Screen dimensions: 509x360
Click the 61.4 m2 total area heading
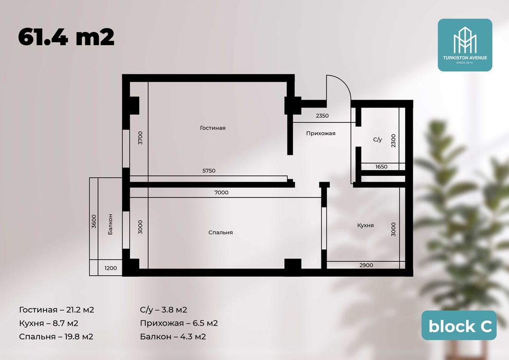[66, 38]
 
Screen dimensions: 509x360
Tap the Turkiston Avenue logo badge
[465, 45]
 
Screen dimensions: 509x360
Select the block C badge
[459, 326]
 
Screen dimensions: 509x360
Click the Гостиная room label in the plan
[213, 128]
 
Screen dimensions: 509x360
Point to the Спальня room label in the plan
[221, 232]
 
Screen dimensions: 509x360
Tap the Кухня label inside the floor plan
[366, 225]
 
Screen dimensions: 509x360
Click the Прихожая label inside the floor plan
[321, 133]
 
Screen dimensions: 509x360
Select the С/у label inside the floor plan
[377, 139]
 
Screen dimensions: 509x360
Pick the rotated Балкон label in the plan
[111, 224]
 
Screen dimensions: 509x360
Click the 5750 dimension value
[209, 171]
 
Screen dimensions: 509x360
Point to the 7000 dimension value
[222, 192]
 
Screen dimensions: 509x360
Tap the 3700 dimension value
[140, 138]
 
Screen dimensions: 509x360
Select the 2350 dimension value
[322, 116]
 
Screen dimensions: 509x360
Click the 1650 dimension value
[381, 167]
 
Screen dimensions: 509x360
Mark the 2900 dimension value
[366, 265]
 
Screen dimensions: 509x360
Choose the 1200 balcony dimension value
[111, 268]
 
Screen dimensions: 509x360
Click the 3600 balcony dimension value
[94, 221]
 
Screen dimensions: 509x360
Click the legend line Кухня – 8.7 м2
[49, 323]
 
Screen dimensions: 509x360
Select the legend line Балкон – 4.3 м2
[173, 337]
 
